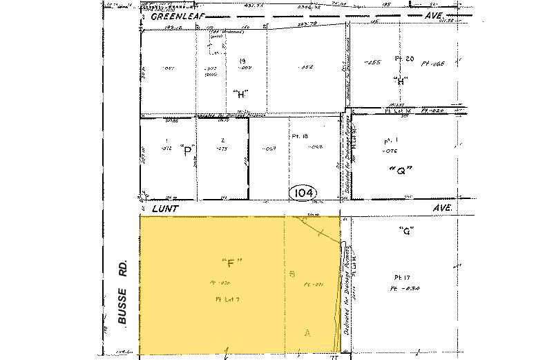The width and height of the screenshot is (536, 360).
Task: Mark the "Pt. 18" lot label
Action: click(299, 137)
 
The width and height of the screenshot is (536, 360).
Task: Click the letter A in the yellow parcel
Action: click(308, 332)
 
